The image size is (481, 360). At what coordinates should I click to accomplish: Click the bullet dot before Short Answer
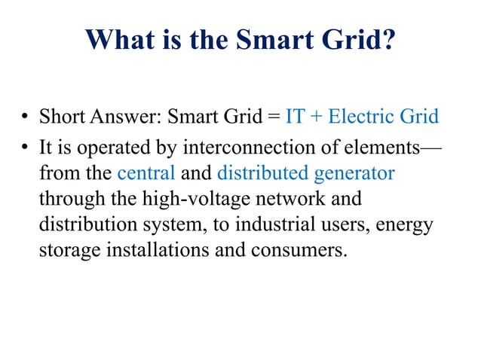coord(24,118)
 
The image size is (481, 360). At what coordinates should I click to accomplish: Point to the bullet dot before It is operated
coord(24,146)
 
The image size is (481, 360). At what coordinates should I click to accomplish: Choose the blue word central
coord(146,172)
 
